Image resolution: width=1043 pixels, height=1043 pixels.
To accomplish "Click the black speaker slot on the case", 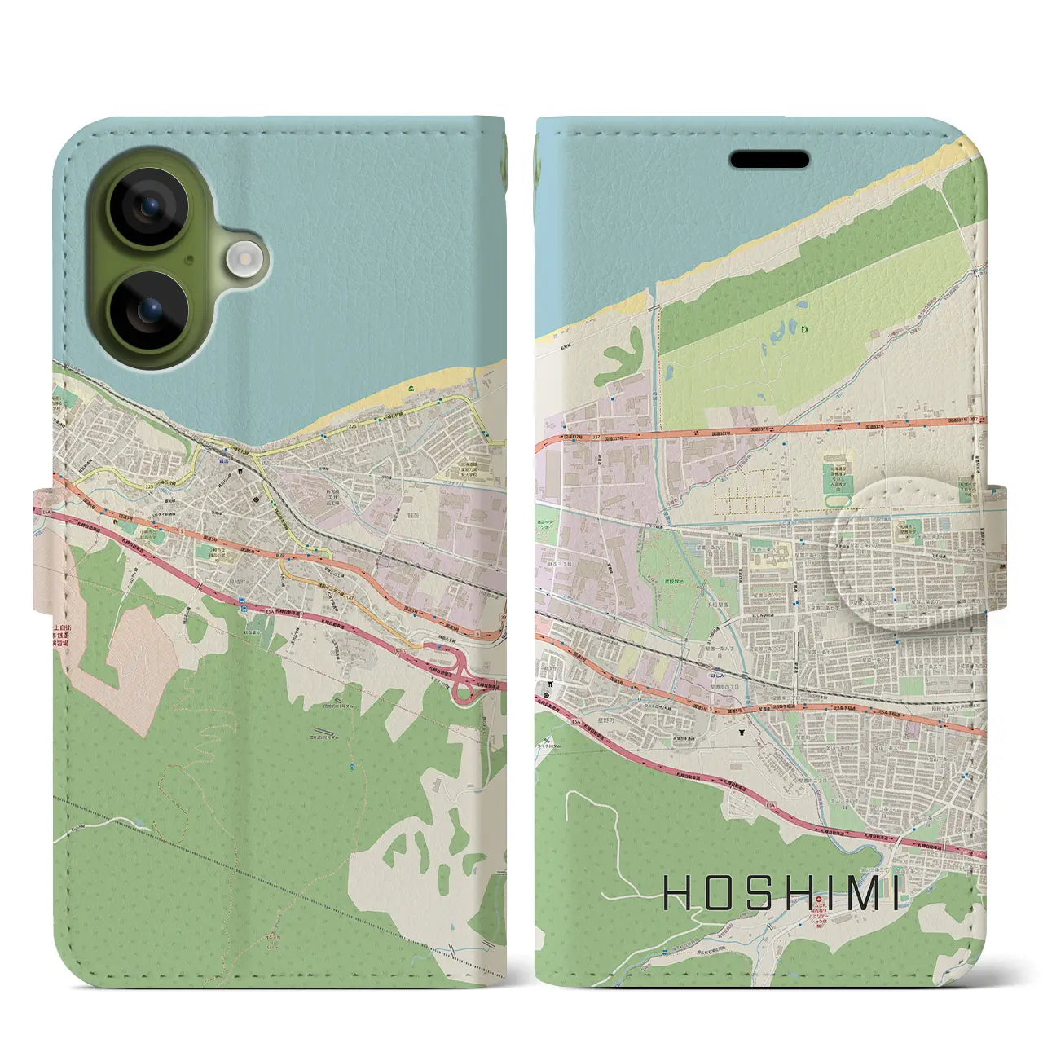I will (x=769, y=160).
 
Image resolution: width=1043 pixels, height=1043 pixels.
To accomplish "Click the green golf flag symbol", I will (x=804, y=329).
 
